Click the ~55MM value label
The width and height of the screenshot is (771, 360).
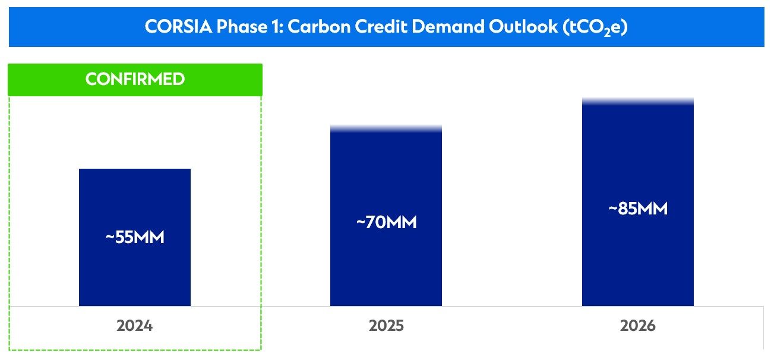pos(135,237)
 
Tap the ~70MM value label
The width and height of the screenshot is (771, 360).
pos(386,223)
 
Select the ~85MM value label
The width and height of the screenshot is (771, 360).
pos(638,209)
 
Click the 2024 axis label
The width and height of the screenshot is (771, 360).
pos(135,326)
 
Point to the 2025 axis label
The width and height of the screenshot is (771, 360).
pos(386,326)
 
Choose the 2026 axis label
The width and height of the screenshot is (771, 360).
pos(638,326)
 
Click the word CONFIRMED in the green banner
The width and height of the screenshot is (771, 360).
pos(135,80)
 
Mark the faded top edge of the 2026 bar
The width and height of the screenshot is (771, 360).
pos(638,101)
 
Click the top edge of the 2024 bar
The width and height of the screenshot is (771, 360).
pos(135,169)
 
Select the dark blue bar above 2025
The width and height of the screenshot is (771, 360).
pos(386,267)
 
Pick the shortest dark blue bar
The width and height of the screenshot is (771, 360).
pos(135,273)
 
